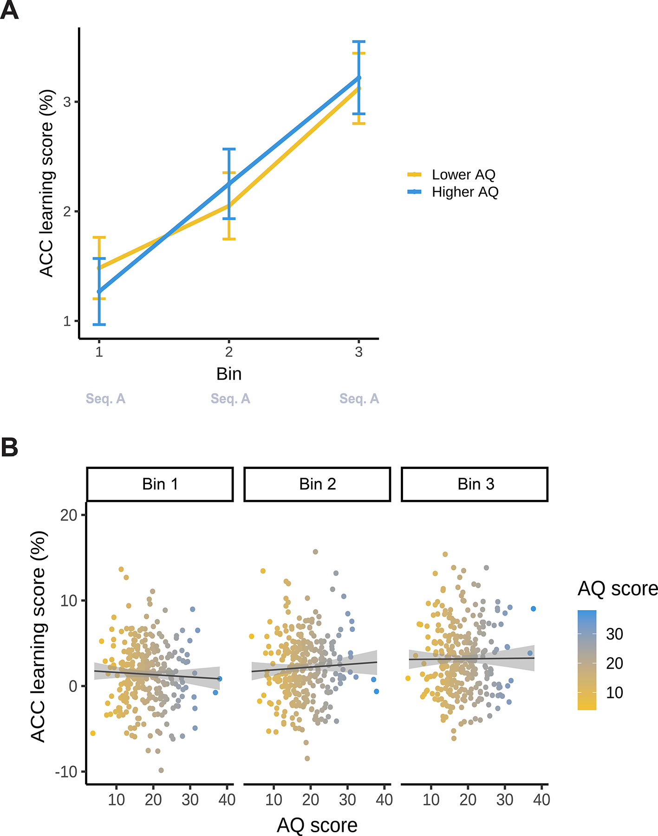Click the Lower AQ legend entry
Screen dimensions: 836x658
click(463, 175)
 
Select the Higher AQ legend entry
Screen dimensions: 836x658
click(464, 192)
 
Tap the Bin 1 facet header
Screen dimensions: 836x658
click(160, 484)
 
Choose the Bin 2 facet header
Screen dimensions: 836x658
click(317, 484)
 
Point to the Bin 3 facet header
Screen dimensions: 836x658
click(475, 484)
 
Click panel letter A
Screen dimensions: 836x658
click(9, 10)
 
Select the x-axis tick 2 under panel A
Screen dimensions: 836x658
click(229, 352)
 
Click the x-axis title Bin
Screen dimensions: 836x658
click(229, 374)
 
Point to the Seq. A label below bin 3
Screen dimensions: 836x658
click(359, 399)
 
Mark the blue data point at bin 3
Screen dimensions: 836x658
click(358, 78)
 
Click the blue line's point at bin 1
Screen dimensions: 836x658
click(99, 292)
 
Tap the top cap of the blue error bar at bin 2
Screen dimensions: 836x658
click(229, 149)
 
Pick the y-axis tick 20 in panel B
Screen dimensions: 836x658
click(69, 515)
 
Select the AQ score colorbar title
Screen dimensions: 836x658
click(618, 589)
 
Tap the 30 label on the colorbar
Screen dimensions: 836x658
click(614, 634)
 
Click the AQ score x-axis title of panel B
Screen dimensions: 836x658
click(317, 825)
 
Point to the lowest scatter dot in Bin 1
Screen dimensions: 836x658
click(161, 770)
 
